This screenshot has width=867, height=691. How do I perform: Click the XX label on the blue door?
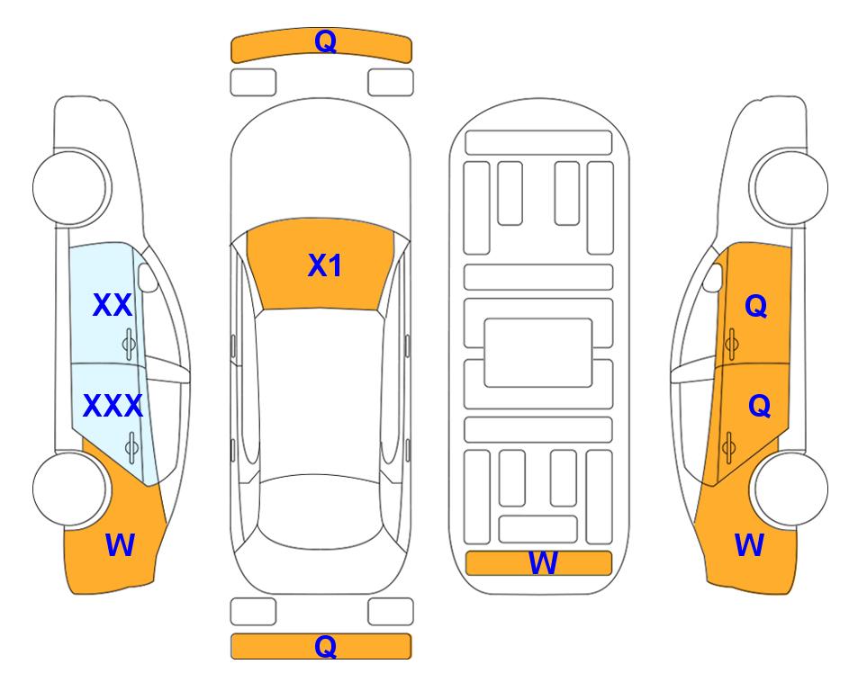point(113,305)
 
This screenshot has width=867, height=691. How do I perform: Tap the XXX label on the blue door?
point(113,406)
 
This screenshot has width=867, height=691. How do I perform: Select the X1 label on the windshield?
point(325,265)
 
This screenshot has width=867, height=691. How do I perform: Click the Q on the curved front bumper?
point(325,40)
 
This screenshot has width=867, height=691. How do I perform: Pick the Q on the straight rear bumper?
point(325,646)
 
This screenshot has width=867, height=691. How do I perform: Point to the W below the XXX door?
point(120,545)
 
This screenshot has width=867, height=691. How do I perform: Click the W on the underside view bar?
point(542,563)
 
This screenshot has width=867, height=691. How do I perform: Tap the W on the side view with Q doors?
point(749,545)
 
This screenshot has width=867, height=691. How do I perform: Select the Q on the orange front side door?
point(756,306)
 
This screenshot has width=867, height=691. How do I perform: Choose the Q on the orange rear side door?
point(759,407)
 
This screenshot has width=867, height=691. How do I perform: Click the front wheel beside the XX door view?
point(70,187)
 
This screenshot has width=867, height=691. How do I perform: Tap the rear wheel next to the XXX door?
point(70,489)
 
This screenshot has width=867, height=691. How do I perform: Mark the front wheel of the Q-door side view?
point(790,187)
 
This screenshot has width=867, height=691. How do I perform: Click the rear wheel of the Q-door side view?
point(790,489)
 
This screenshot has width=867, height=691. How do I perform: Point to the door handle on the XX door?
point(129,344)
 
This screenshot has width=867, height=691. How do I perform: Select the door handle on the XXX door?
point(131,446)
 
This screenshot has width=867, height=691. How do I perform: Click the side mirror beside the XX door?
point(148,277)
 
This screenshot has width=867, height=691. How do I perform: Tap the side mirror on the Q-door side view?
point(713,277)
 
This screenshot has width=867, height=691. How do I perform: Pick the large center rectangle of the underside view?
point(538,353)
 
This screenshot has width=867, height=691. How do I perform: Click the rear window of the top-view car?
point(321,511)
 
